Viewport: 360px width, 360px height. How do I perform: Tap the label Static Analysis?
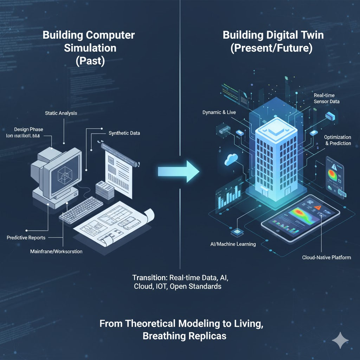pyautogui.click(x=61, y=113)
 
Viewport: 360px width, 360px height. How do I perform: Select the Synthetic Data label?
pyautogui.click(x=124, y=133)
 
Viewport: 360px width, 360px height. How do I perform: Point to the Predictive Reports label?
pyautogui.click(x=26, y=238)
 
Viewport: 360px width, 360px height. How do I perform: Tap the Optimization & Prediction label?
pyautogui.click(x=337, y=140)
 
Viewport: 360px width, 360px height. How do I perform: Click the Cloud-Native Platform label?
pyautogui.click(x=326, y=257)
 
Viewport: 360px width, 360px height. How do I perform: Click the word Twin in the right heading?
pyautogui.click(x=301, y=35)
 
